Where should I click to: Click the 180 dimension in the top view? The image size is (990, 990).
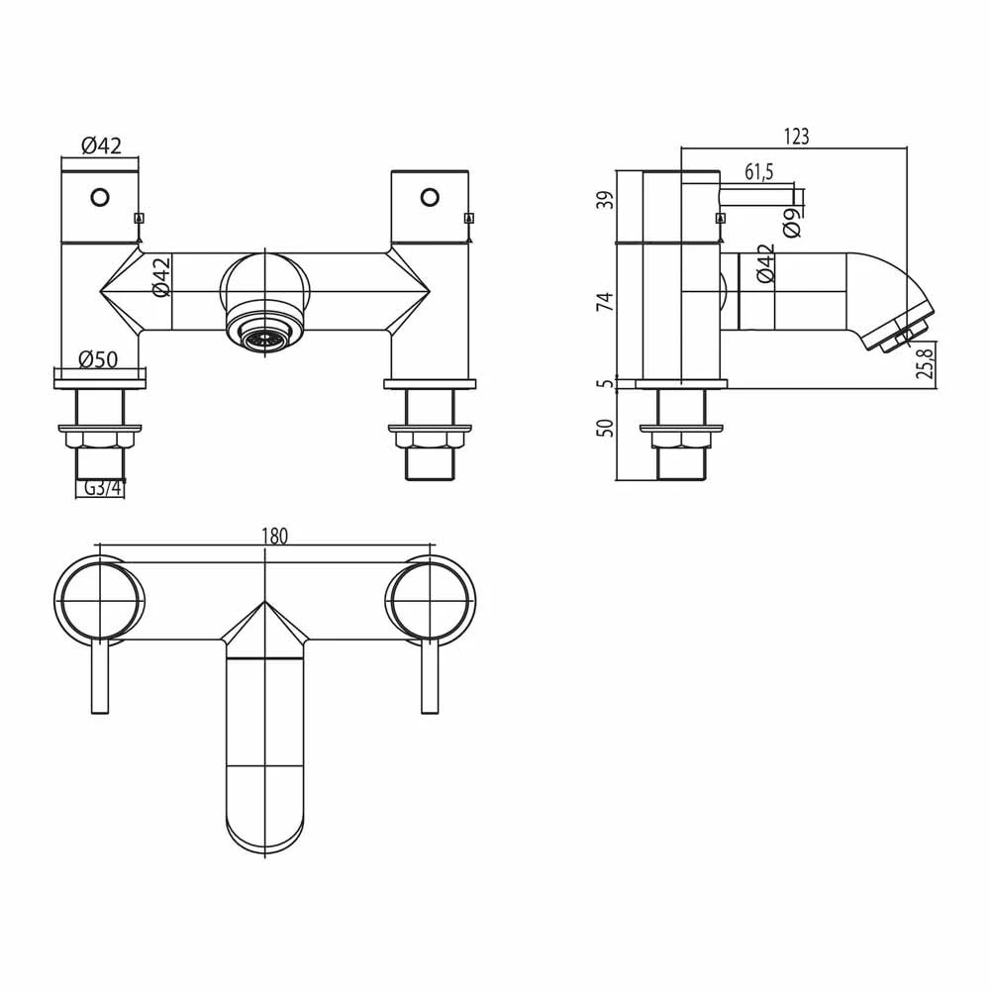tap(274, 536)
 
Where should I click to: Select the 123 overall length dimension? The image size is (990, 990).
tap(796, 138)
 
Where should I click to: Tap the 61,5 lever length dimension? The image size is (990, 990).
tap(758, 172)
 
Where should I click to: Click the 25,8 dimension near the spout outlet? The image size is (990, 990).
tap(925, 363)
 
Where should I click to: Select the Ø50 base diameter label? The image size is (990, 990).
tap(99, 359)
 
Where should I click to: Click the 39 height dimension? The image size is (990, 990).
tap(607, 201)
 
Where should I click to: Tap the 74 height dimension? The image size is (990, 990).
tap(607, 302)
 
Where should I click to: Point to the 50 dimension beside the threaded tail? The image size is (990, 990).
tap(607, 428)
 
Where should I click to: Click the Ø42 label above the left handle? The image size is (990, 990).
tap(100, 146)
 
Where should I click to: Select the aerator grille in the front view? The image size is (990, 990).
tap(262, 340)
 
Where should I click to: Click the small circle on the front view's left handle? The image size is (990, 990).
tap(99, 197)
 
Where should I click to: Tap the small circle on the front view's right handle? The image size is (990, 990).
tap(429, 197)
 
